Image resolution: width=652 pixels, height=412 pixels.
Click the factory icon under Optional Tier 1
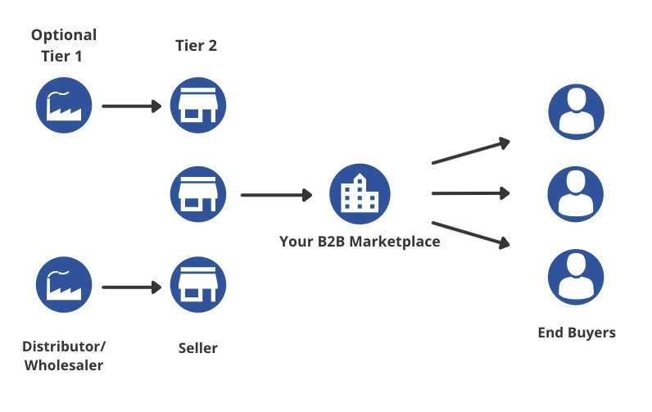(x=64, y=106)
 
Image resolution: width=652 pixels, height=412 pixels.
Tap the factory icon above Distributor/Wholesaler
(x=64, y=285)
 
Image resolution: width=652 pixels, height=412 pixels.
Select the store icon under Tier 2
(x=198, y=106)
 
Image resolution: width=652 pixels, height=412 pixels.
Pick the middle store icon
(x=198, y=194)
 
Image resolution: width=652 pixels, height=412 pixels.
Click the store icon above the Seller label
(x=198, y=285)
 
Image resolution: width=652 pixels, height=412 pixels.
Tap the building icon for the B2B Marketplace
(x=360, y=194)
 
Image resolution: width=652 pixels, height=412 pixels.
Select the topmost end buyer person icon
(x=576, y=111)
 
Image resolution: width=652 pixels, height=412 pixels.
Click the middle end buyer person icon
(x=576, y=194)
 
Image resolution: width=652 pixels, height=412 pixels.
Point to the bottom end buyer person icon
(x=576, y=277)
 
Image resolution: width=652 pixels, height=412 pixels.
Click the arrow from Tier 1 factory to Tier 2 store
(x=131, y=106)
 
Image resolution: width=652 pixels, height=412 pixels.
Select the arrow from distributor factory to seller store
(x=131, y=287)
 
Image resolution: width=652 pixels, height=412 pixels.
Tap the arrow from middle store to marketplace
(x=276, y=195)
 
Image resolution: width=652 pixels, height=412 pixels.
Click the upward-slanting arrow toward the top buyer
(x=470, y=152)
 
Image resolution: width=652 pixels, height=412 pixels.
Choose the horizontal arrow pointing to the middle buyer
(x=470, y=193)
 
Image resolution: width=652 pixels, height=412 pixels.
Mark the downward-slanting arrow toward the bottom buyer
(x=470, y=233)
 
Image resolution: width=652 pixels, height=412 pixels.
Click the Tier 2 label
(x=197, y=45)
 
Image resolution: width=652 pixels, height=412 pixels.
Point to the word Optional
(x=64, y=35)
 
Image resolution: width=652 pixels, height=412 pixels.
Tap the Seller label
(x=198, y=348)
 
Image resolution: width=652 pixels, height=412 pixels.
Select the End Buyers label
(x=576, y=333)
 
